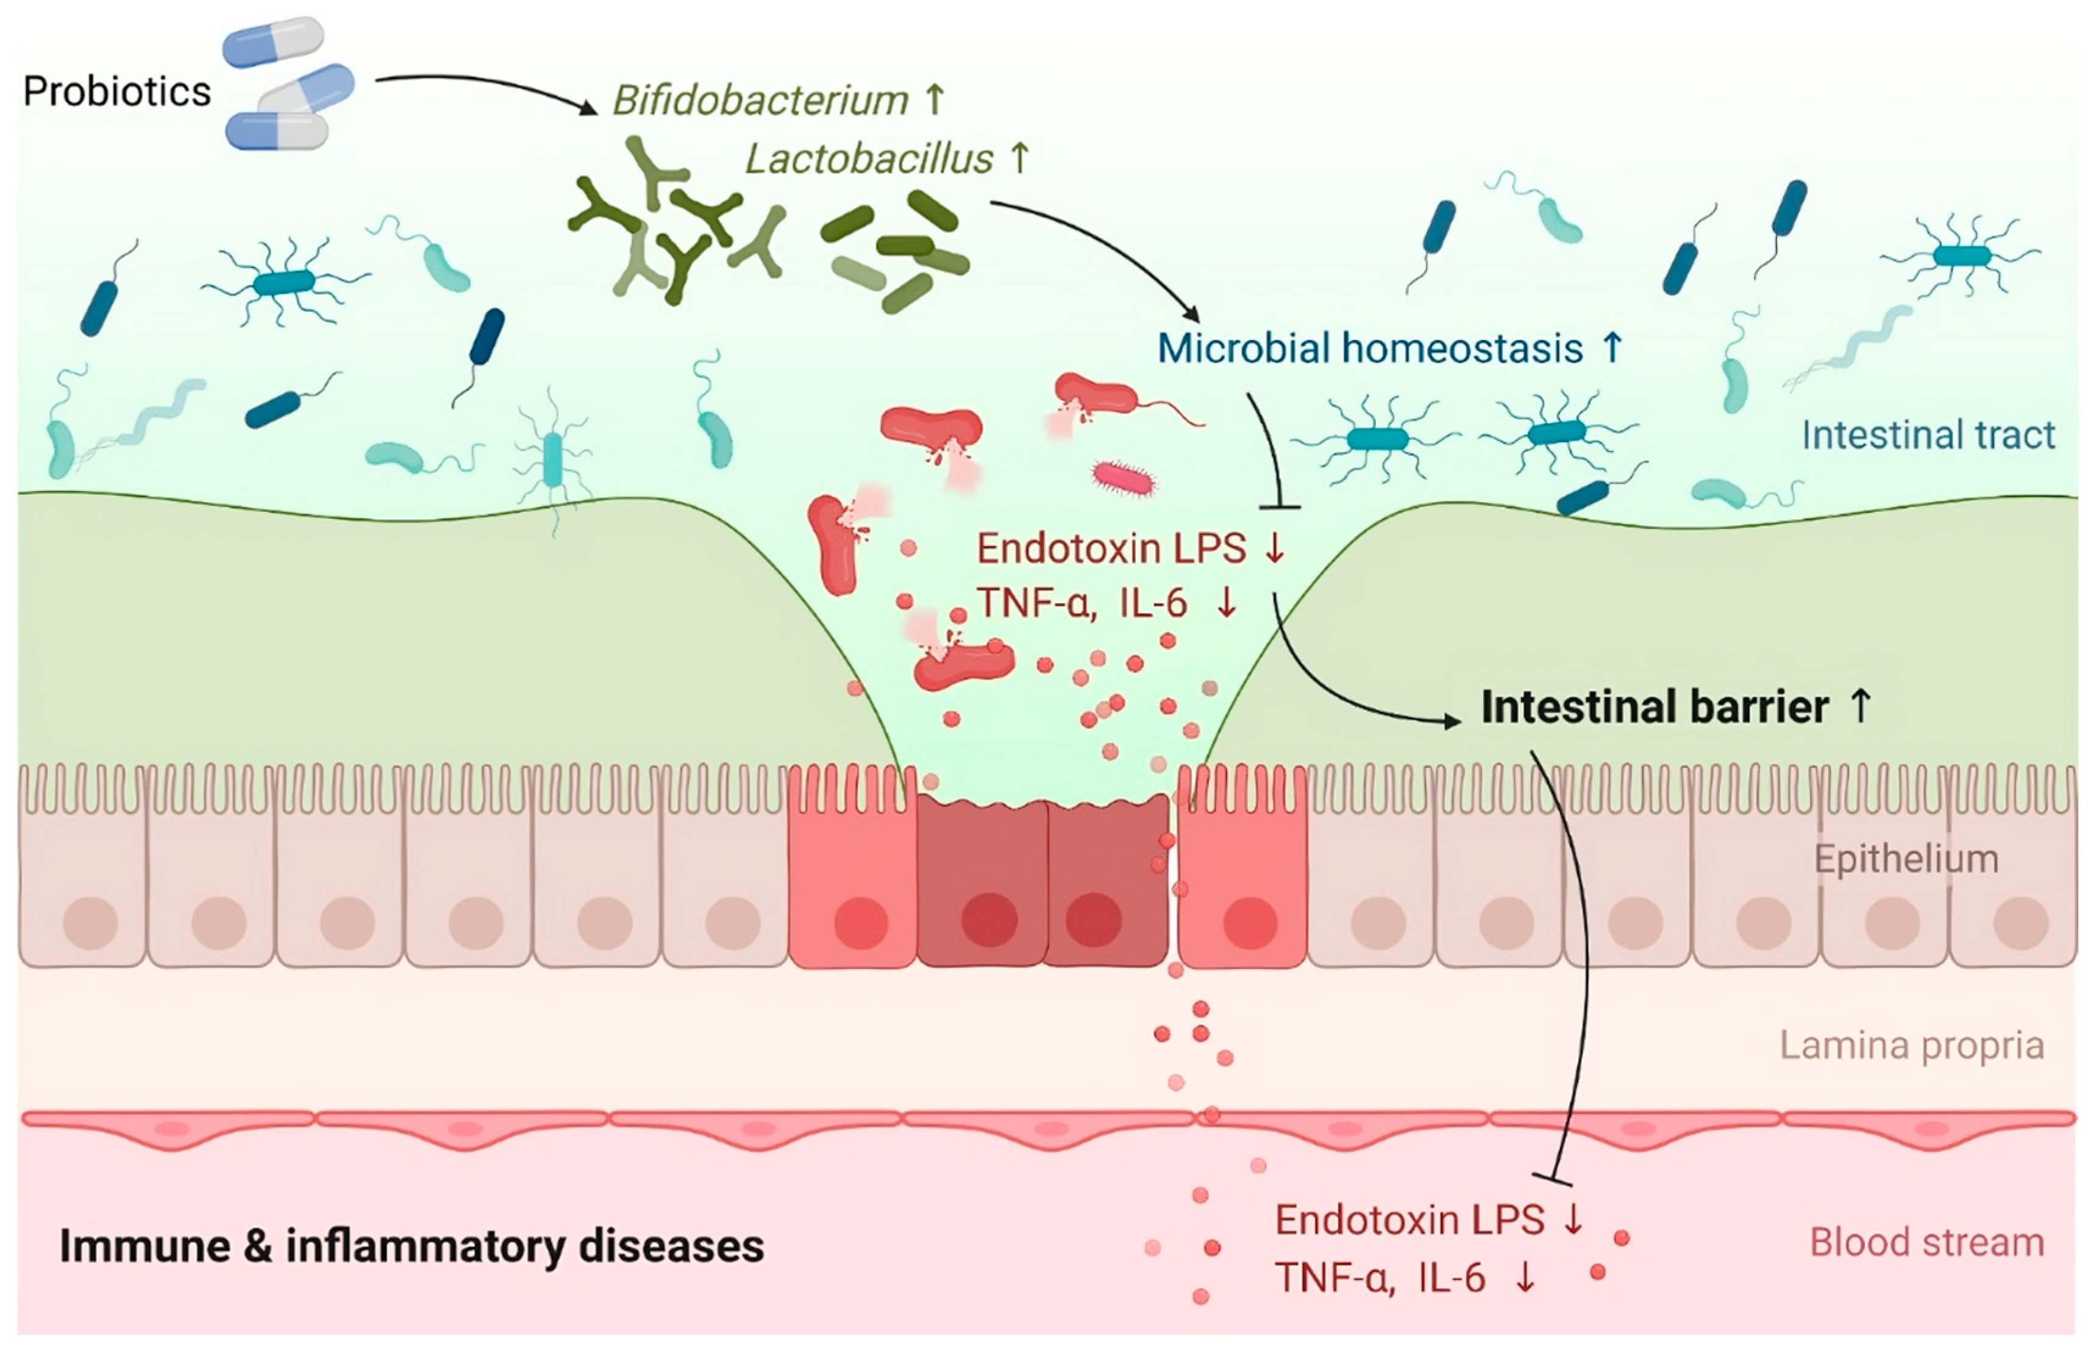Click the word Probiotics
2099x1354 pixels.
pos(117,91)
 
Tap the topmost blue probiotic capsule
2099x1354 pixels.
pos(273,42)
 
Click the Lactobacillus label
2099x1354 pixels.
pos(869,159)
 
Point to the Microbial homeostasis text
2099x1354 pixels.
pos(1369,348)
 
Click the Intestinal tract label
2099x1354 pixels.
pos(1928,435)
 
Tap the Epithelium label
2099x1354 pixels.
pos(1906,859)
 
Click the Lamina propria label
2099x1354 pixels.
pos(1912,1046)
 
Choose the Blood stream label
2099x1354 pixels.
pos(1926,1242)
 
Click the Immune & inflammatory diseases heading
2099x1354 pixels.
pos(412,1246)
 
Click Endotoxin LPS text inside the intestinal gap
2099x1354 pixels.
pos(1111,548)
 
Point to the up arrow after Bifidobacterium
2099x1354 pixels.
pos(935,99)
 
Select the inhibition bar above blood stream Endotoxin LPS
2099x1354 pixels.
pos(1552,1178)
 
